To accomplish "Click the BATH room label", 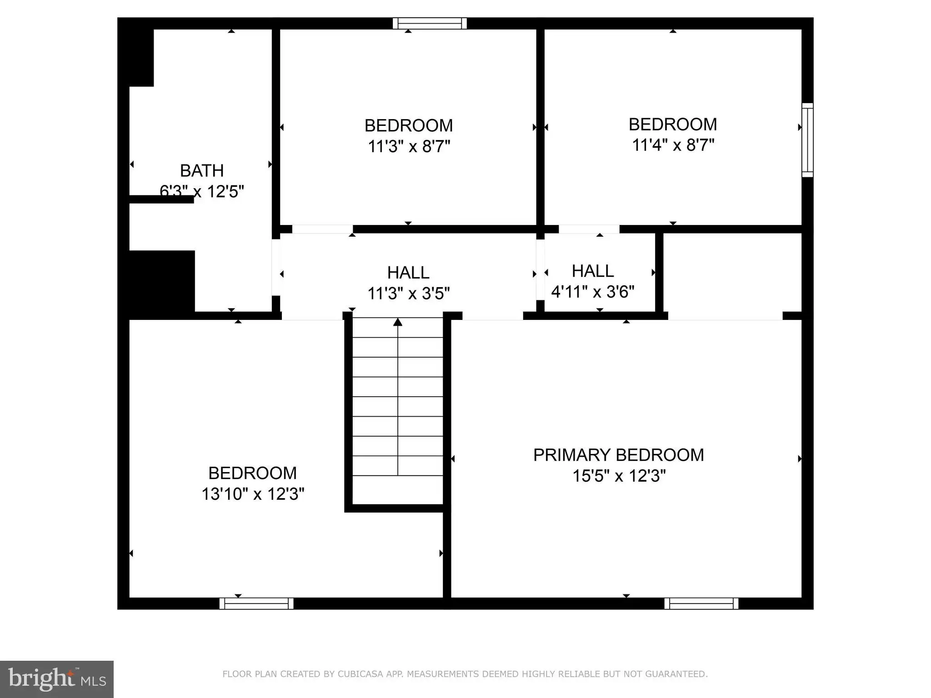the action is click(202, 171).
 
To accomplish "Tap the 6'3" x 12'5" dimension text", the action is click(202, 191).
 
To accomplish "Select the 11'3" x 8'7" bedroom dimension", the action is click(409, 146).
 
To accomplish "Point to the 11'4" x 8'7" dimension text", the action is click(673, 145).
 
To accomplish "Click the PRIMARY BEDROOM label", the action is click(618, 455).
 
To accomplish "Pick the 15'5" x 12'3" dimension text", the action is click(619, 476).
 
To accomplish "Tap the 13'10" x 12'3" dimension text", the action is click(253, 494).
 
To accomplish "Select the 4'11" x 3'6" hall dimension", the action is click(593, 291).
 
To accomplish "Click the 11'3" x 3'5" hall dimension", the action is click(408, 293).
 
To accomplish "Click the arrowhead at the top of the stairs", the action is click(398, 322).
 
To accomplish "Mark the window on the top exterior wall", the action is click(430, 23).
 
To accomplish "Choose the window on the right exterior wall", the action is click(807, 140).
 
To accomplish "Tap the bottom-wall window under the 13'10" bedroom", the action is click(256, 603).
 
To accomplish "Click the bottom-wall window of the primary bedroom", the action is click(701, 603).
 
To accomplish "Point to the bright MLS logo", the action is click(57, 679).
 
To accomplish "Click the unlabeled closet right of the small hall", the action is click(732, 273).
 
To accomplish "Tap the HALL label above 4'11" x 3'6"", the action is click(593, 271).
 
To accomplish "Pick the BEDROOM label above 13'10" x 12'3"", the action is click(253, 473).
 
